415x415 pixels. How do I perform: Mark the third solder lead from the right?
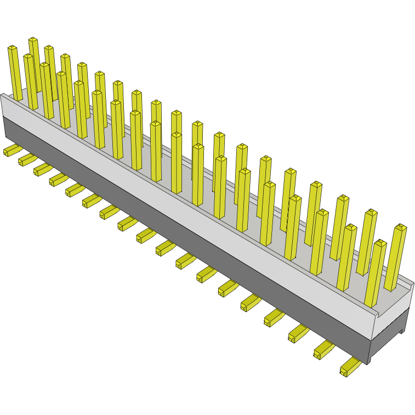[x=298, y=333]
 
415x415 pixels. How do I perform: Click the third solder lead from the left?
[x=42, y=168]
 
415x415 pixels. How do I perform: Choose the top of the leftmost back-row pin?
[x=33, y=40]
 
